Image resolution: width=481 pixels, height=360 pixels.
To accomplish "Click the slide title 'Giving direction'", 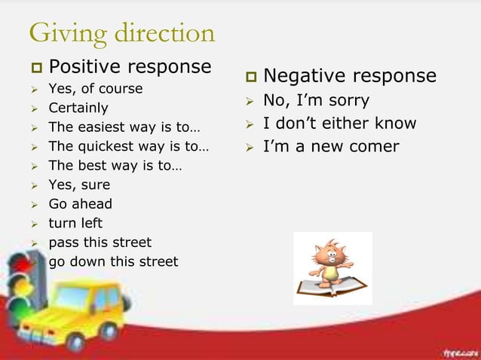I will tap(121, 33).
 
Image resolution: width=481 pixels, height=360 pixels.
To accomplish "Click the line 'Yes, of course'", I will tap(95, 89).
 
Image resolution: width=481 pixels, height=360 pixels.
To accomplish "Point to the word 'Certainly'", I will tap(78, 108).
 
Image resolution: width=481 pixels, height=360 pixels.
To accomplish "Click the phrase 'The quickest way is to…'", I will tap(129, 146).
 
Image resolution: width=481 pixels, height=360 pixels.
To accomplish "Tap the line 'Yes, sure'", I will tap(79, 185).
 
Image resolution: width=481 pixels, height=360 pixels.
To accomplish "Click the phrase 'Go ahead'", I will tap(80, 204).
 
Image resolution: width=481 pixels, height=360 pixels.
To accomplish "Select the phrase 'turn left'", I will tap(75, 223).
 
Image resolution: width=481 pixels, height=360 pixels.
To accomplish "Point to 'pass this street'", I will tap(100, 243).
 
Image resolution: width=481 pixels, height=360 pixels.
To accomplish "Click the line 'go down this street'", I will tap(113, 262).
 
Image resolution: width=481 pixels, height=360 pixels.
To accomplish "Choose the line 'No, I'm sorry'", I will tap(316, 101).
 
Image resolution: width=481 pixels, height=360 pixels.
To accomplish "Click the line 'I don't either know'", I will tap(339, 124).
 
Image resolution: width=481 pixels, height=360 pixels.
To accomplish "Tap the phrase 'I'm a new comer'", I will tap(330, 146).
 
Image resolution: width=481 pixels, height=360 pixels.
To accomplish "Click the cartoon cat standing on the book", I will tap(330, 264).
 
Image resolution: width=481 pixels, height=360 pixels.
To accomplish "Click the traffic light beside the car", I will tap(22, 286).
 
